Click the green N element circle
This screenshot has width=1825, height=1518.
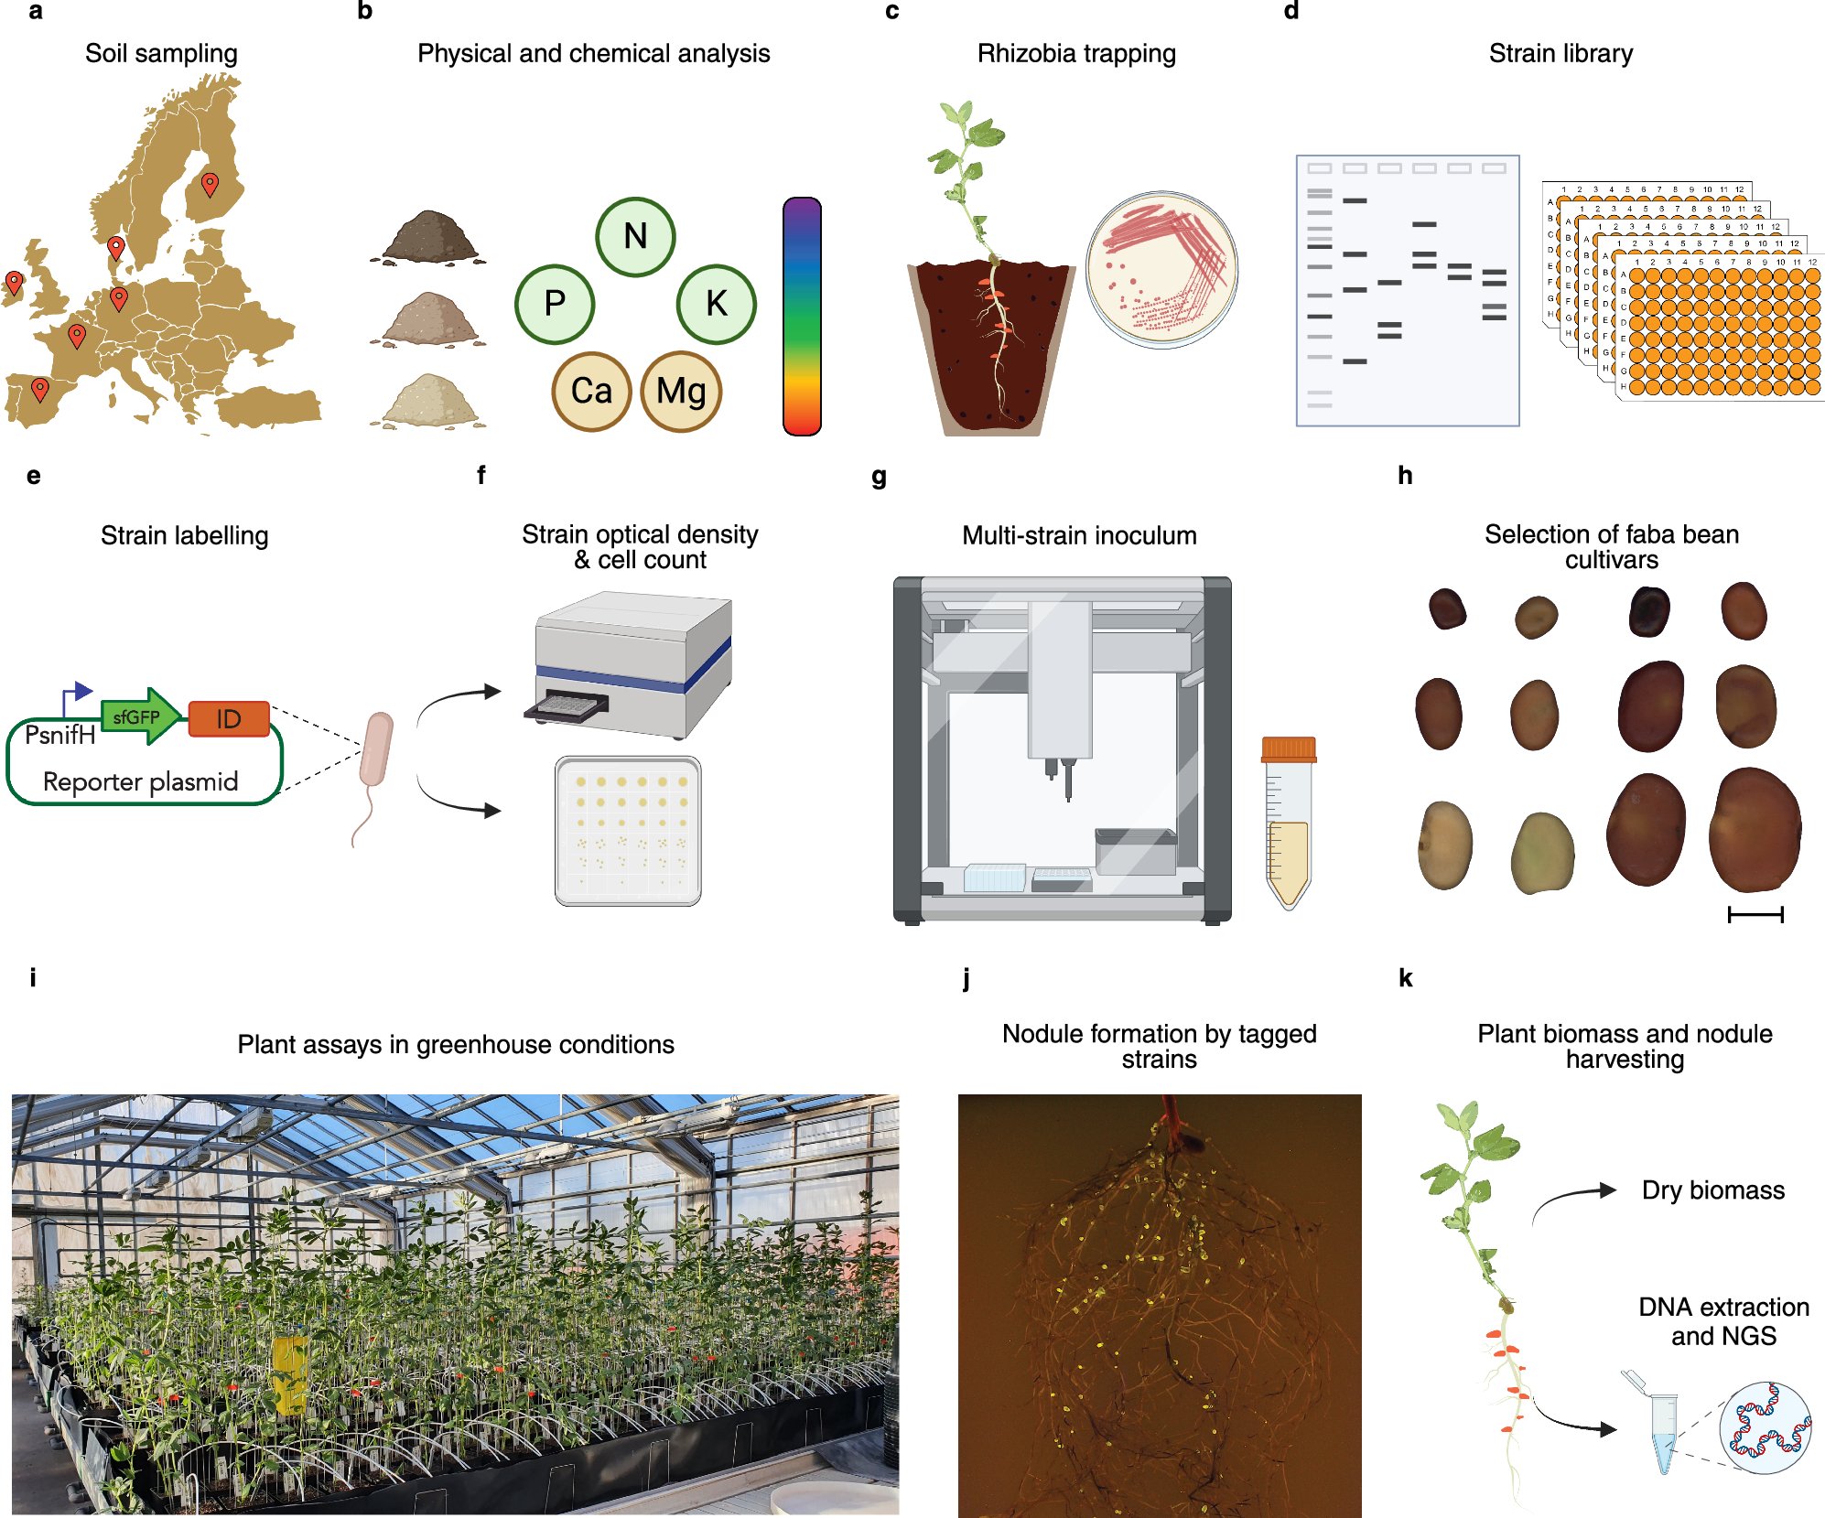click(635, 237)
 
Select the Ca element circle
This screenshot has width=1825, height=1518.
click(591, 392)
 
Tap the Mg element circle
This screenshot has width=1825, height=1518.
click(681, 392)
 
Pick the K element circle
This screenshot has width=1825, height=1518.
click(716, 304)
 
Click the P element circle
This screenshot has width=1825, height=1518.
click(555, 304)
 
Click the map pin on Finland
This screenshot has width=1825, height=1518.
click(210, 184)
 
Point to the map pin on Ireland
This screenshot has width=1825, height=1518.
click(14, 282)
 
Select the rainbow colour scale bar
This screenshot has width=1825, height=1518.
click(802, 316)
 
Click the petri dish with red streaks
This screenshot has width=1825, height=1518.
click(1161, 269)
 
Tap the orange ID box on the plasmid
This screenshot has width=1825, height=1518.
click(229, 719)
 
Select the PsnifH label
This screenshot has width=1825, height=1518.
click(59, 735)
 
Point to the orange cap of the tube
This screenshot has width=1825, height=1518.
click(1288, 749)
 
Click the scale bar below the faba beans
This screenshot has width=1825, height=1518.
click(1755, 913)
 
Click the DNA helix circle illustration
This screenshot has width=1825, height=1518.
click(1765, 1426)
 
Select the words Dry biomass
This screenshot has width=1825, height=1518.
click(1712, 1190)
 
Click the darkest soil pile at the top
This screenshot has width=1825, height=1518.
click(429, 236)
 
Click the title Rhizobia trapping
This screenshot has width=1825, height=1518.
click(1076, 53)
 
